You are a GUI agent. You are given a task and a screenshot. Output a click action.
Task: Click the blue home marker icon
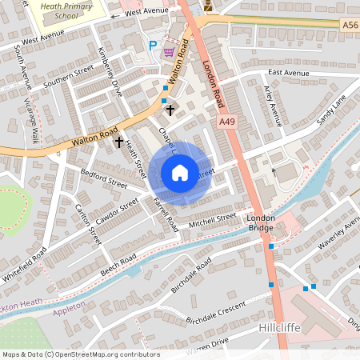tap(179, 173)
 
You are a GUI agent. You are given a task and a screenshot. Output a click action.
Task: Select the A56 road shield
tap(350, 25)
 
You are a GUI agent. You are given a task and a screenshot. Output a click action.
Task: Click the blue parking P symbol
tap(152, 46)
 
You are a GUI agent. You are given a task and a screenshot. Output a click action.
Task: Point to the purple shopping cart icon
tap(169, 51)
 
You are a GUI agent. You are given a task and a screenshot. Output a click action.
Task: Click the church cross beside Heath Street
tap(119, 142)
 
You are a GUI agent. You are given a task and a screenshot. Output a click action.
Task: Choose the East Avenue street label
tap(288, 73)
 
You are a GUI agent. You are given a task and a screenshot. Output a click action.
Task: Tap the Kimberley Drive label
tap(108, 71)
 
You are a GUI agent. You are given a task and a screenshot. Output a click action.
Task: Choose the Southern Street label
tap(69, 79)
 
